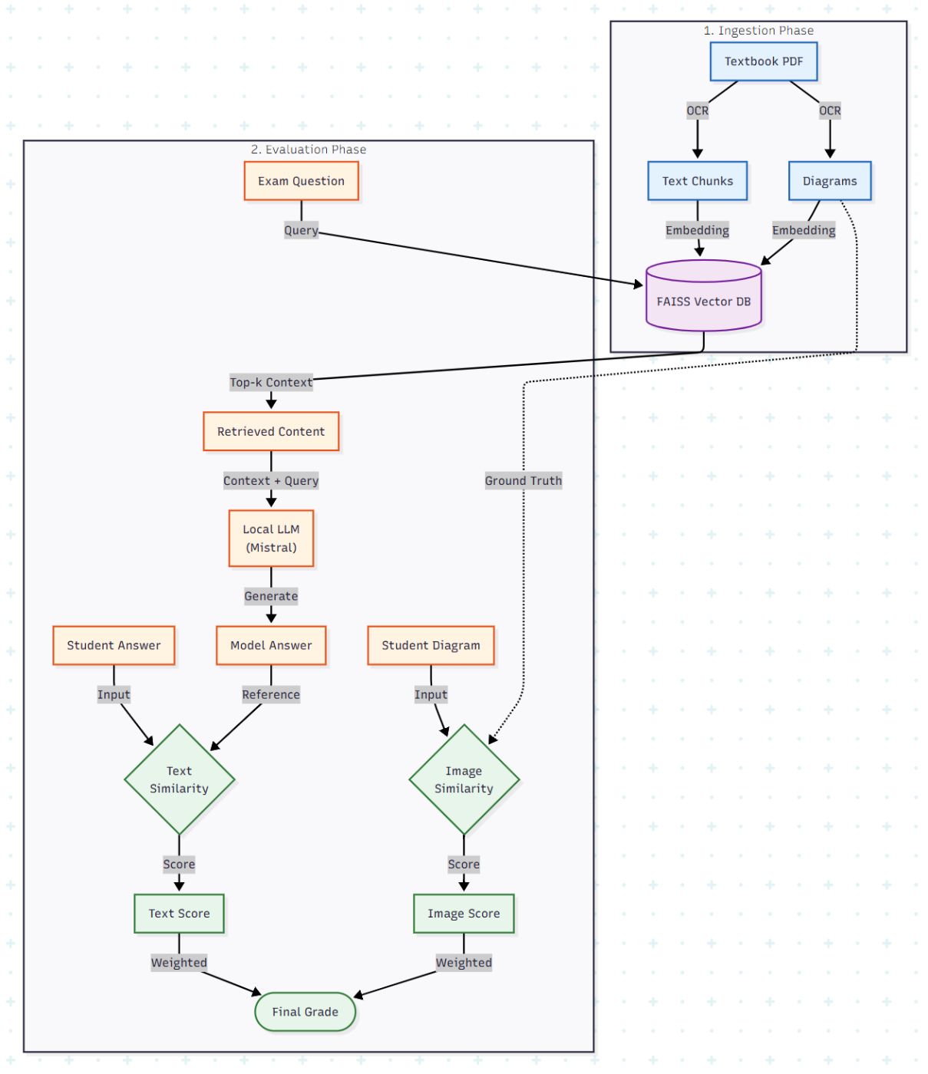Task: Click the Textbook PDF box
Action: pyautogui.click(x=763, y=61)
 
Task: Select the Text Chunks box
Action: pyautogui.click(x=697, y=181)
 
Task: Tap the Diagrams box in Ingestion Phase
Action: pyautogui.click(x=829, y=181)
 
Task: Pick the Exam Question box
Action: pyautogui.click(x=301, y=181)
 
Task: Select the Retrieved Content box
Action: pyautogui.click(x=271, y=431)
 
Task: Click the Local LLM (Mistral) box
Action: pyautogui.click(x=271, y=539)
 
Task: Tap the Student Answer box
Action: pyautogui.click(x=114, y=645)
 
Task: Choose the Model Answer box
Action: pyautogui.click(x=271, y=645)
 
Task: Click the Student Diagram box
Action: pyautogui.click(x=431, y=645)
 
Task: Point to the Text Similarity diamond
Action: pyautogui.click(x=179, y=779)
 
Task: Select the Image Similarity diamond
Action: pyautogui.click(x=464, y=779)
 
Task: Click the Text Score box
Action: pyautogui.click(x=179, y=913)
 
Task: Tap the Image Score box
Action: pyautogui.click(x=464, y=913)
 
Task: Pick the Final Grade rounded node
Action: pyautogui.click(x=305, y=1012)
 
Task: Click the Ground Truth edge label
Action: pyautogui.click(x=523, y=480)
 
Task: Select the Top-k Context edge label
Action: pyautogui.click(x=271, y=382)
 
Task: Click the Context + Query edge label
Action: pyautogui.click(x=271, y=480)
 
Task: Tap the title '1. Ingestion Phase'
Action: pyautogui.click(x=758, y=31)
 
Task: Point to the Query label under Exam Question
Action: pyautogui.click(x=301, y=230)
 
